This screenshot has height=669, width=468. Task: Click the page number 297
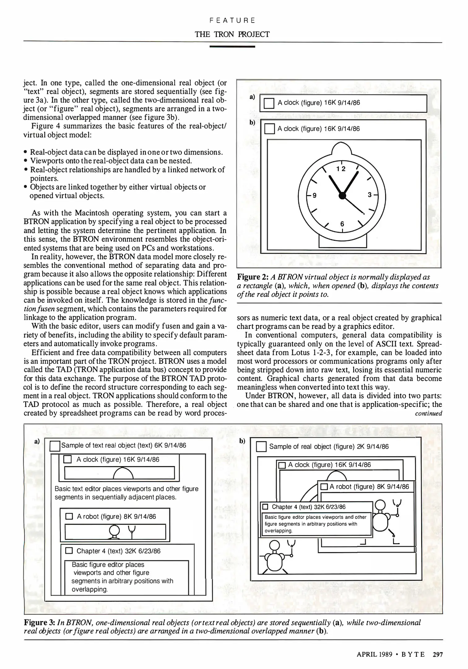coord(438,654)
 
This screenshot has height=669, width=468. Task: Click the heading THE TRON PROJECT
coord(232,34)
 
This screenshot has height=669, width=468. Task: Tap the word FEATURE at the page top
coord(232,20)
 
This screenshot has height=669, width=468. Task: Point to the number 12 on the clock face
coord(341,168)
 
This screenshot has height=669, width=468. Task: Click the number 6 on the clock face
coord(342,224)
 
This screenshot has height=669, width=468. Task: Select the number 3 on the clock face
coord(370,195)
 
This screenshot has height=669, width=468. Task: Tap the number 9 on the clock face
coord(314,195)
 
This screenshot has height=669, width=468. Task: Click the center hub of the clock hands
coord(342,195)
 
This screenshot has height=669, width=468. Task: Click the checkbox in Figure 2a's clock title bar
coord(269,103)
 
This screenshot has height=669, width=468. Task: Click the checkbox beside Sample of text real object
coord(55,446)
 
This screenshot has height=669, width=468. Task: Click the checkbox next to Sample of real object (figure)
coord(261,447)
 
